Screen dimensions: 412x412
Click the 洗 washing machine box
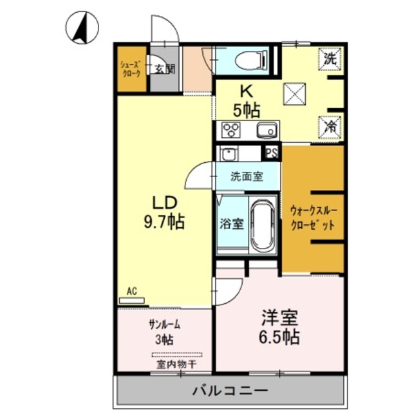pos(330,57)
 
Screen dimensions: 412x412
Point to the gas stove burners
pos(230,130)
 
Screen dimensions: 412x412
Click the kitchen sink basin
pos(265,131)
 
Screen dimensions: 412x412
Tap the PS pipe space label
pos(272,153)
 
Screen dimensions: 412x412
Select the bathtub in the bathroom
pos(261,227)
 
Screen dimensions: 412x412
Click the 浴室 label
pos(232,224)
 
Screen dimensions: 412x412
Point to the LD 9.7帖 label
pos(164,212)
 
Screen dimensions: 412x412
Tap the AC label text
pos(131,291)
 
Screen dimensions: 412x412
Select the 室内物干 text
pos(176,365)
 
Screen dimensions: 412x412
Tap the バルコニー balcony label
pos(230,390)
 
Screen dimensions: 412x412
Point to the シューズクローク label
pos(131,69)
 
